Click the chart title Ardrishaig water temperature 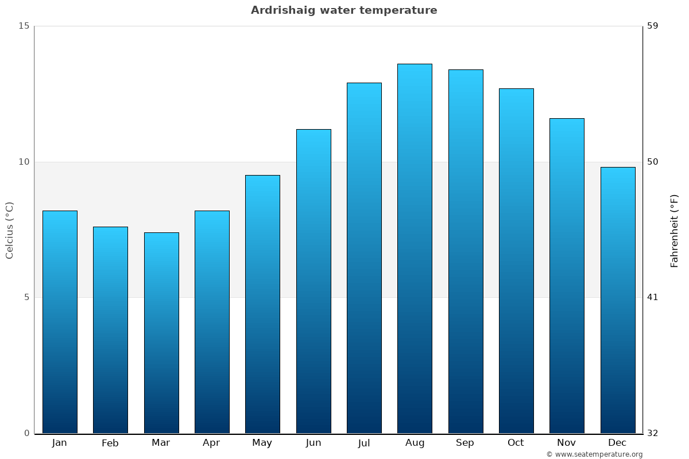[x=344, y=10]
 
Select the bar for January [x=60, y=321]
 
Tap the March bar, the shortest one [x=161, y=333]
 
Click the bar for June [x=313, y=281]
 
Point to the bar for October [x=516, y=260]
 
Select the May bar [x=262, y=304]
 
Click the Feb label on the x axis [x=110, y=443]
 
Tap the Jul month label [x=364, y=443]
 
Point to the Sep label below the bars [x=465, y=443]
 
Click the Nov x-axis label [x=567, y=443]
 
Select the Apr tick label [x=211, y=443]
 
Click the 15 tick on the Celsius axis [x=24, y=26]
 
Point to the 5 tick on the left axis [x=26, y=297]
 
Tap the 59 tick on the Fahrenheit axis [x=653, y=26]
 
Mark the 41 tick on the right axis [x=653, y=297]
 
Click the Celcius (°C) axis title [x=9, y=230]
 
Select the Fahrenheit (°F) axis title [x=675, y=230]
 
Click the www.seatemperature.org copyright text [x=594, y=454]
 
